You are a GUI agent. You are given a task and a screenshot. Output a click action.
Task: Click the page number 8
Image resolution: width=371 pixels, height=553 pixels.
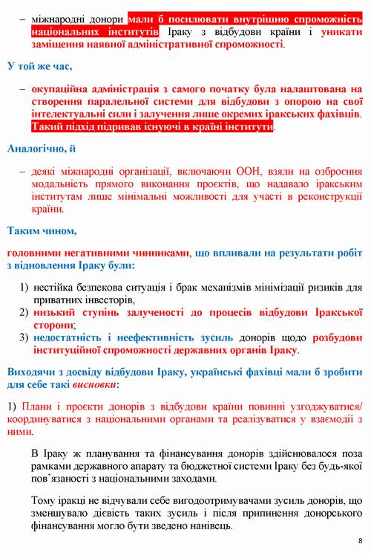pyautogui.click(x=360, y=540)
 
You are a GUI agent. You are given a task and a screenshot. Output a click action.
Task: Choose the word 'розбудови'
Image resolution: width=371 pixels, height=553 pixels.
pyautogui.click(x=316, y=337)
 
